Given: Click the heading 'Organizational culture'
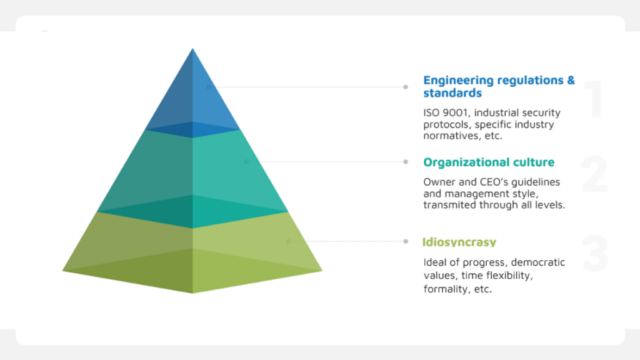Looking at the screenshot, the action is [x=489, y=162].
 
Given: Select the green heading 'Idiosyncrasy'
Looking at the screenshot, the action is [x=459, y=242].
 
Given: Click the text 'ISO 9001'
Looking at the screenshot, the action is [x=446, y=112].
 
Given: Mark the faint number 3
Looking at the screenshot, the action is [x=595, y=254].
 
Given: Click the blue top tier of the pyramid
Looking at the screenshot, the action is [x=192, y=98].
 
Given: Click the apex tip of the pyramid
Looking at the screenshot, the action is [x=192, y=49].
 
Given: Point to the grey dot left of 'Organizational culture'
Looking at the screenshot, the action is [x=405, y=162].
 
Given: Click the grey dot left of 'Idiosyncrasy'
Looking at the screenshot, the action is [x=406, y=241].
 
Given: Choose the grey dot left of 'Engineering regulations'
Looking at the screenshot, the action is [x=405, y=87].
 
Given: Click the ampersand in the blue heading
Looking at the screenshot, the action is [x=571, y=81].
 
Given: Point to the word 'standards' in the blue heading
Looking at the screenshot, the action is [x=452, y=93].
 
